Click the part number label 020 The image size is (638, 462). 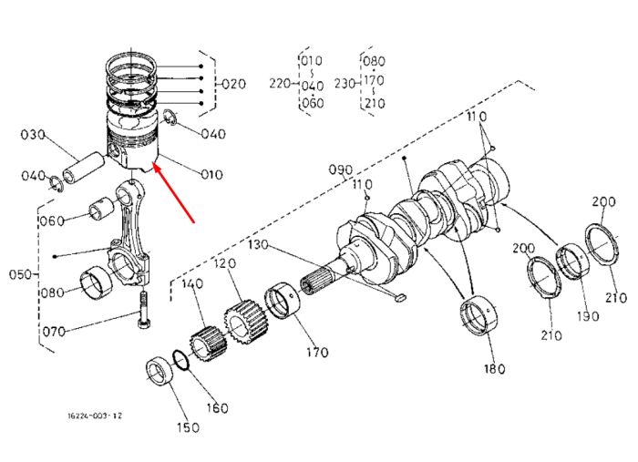(x=234, y=84)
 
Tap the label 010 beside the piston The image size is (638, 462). (x=212, y=175)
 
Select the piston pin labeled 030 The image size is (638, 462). (x=83, y=169)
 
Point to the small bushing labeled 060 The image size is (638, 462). (x=102, y=209)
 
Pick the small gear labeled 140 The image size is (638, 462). (x=209, y=343)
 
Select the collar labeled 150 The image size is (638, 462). (x=159, y=370)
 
